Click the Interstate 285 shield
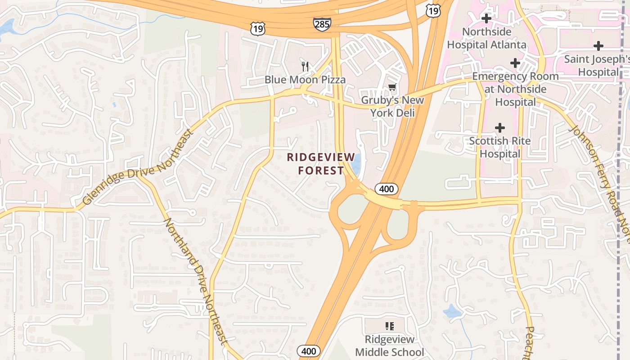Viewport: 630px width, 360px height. pyautogui.click(x=322, y=24)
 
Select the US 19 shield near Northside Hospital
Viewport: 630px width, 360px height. pyautogui.click(x=433, y=11)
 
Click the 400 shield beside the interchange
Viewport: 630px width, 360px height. pyautogui.click(x=386, y=189)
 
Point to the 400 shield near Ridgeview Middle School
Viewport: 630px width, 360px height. pyautogui.click(x=309, y=351)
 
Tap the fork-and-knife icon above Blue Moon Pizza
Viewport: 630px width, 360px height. pyautogui.click(x=306, y=67)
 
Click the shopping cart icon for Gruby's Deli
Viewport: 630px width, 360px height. pyautogui.click(x=392, y=87)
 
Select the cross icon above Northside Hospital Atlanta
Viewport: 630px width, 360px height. pyautogui.click(x=486, y=19)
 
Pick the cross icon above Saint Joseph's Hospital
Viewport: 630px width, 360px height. pyautogui.click(x=598, y=46)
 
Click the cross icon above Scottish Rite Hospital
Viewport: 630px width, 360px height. pyautogui.click(x=499, y=128)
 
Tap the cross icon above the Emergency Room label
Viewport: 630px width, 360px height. pyautogui.click(x=515, y=63)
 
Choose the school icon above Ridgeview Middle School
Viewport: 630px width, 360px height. pyautogui.click(x=390, y=326)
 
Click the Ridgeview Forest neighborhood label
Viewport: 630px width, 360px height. pyautogui.click(x=315, y=164)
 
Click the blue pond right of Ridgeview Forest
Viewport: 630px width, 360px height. pyautogui.click(x=356, y=164)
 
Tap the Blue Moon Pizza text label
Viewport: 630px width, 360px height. pyautogui.click(x=305, y=80)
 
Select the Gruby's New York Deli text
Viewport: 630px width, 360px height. pyautogui.click(x=392, y=106)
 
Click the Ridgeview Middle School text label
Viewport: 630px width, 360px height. pyautogui.click(x=390, y=346)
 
